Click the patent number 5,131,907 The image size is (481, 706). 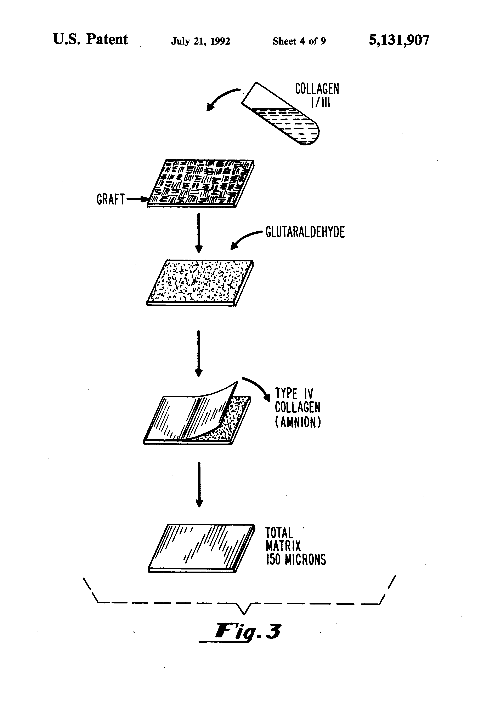pyautogui.click(x=399, y=40)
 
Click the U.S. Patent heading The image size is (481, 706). pyautogui.click(x=91, y=40)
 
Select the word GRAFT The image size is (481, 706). pyautogui.click(x=110, y=199)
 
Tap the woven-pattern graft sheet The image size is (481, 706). pyautogui.click(x=201, y=183)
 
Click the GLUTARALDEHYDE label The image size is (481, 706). pyautogui.click(x=305, y=232)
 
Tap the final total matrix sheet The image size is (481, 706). pyautogui.click(x=201, y=548)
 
